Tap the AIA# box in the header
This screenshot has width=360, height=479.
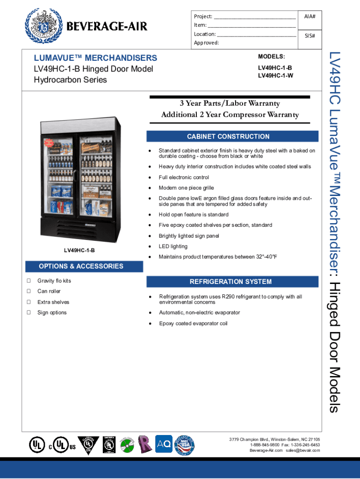point(310,16)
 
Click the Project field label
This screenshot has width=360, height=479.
point(203,16)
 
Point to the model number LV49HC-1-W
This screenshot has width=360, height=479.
point(275,75)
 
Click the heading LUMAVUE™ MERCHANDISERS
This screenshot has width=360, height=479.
point(95,58)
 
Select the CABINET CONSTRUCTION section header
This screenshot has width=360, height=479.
point(228,137)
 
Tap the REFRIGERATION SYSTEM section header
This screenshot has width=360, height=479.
point(230,282)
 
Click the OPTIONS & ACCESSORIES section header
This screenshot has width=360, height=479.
point(81,266)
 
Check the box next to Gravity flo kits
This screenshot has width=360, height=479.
point(29,281)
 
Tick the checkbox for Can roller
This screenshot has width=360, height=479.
point(29,291)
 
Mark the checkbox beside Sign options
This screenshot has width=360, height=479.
point(29,312)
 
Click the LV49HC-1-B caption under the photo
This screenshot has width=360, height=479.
point(79,251)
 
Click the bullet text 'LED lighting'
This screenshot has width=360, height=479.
point(173,247)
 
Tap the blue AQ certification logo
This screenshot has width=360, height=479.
point(164,444)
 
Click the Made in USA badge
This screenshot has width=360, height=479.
point(186,445)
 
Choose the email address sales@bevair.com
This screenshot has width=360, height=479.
point(303,450)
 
